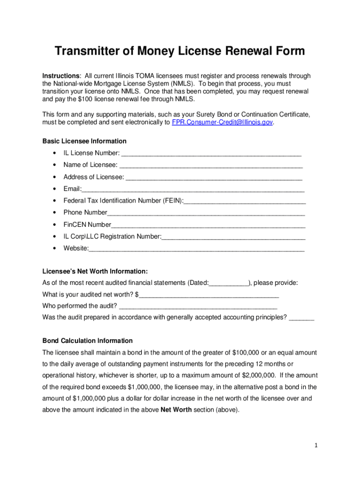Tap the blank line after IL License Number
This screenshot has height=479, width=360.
(211, 153)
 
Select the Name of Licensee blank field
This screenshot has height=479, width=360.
(211, 165)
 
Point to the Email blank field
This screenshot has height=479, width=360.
(193, 189)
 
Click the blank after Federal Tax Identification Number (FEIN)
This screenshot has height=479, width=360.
(245, 201)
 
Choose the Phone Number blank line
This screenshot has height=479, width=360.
(206, 213)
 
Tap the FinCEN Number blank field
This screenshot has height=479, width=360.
(208, 225)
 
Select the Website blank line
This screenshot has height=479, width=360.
(196, 249)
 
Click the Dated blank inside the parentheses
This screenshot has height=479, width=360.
(229, 283)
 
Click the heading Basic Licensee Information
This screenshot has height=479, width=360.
(85, 141)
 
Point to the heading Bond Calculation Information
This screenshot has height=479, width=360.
(87, 341)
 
